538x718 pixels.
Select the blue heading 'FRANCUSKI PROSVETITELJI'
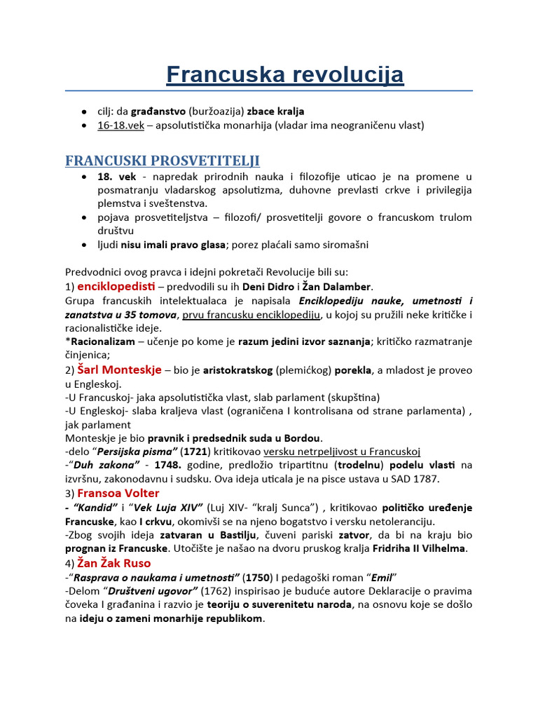pos(163,161)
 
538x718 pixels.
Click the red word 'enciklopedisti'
pos(116,286)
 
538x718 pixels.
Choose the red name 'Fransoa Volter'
pos(118,493)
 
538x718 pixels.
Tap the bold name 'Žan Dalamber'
pos(338,287)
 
